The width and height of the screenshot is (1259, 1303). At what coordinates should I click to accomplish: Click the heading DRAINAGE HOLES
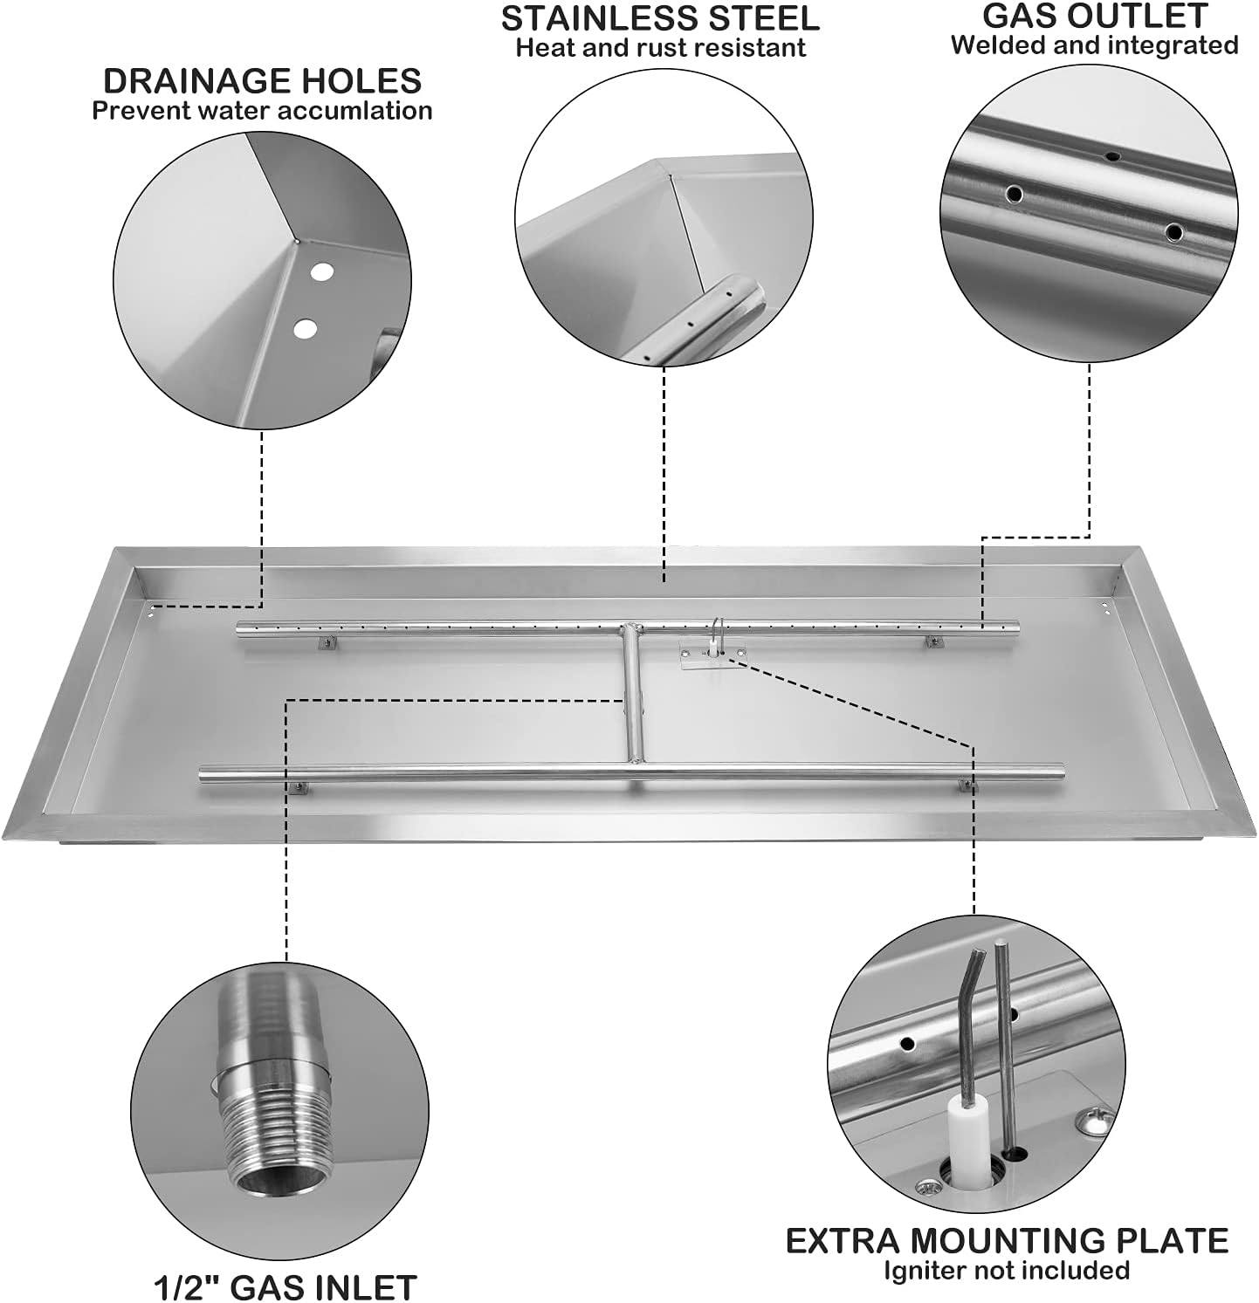(262, 80)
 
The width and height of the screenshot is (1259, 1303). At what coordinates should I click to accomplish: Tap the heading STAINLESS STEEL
(660, 17)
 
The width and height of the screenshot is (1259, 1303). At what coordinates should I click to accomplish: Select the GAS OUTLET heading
(1095, 15)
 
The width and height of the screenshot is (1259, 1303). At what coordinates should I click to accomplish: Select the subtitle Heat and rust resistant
(660, 47)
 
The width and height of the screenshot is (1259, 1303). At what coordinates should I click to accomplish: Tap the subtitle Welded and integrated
(1095, 45)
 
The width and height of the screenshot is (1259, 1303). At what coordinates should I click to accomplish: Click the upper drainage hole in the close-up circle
(321, 272)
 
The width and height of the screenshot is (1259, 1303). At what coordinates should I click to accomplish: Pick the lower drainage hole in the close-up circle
(305, 328)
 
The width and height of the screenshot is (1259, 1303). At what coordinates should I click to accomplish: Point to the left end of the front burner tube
(206, 773)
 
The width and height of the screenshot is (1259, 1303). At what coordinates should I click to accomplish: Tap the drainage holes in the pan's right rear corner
(1106, 607)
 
